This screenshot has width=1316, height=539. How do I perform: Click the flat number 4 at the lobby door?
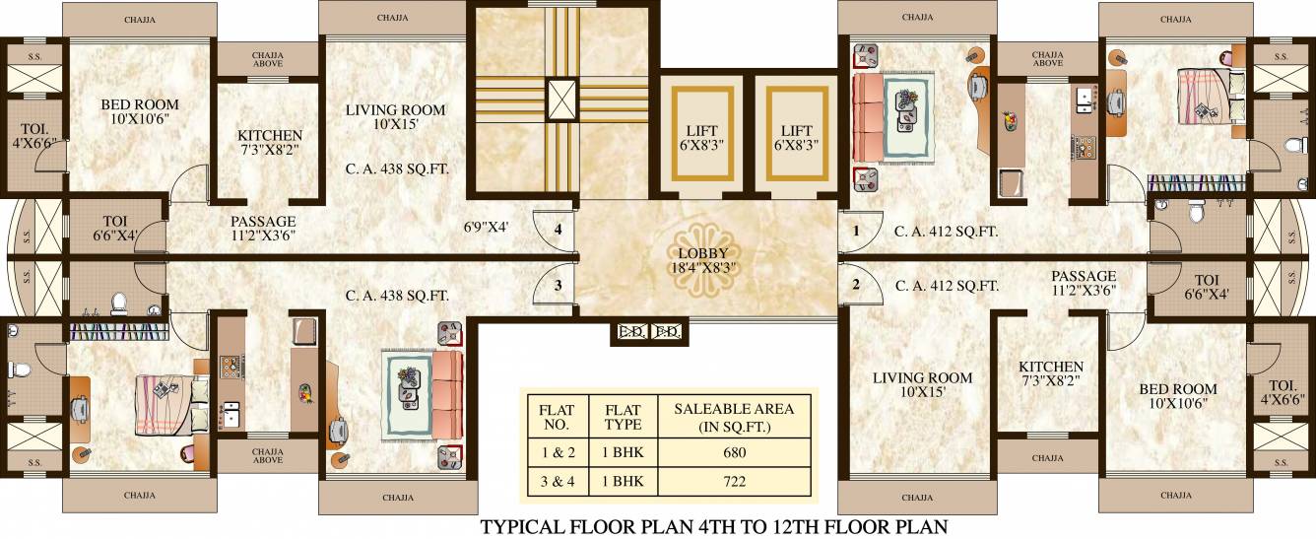pos(558,230)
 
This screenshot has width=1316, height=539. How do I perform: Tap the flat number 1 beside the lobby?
pos(856,232)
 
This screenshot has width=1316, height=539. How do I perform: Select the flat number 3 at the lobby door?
pos(558,286)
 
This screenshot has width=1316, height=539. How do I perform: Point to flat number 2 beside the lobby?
pos(856,286)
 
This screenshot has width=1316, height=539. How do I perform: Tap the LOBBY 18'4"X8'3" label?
pos(702,260)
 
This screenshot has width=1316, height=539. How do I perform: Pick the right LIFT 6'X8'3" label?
pos(797,137)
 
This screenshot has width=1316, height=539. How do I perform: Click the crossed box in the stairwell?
pos(562,99)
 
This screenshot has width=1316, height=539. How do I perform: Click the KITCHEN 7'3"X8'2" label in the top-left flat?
pos(270,143)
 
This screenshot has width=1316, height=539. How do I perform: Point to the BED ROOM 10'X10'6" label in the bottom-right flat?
pos(1178,395)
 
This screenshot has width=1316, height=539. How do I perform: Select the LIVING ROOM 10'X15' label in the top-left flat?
pos(395,116)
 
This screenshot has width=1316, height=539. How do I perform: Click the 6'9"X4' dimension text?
pos(487,227)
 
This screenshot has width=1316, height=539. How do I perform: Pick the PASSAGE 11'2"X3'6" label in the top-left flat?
pos(263,229)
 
